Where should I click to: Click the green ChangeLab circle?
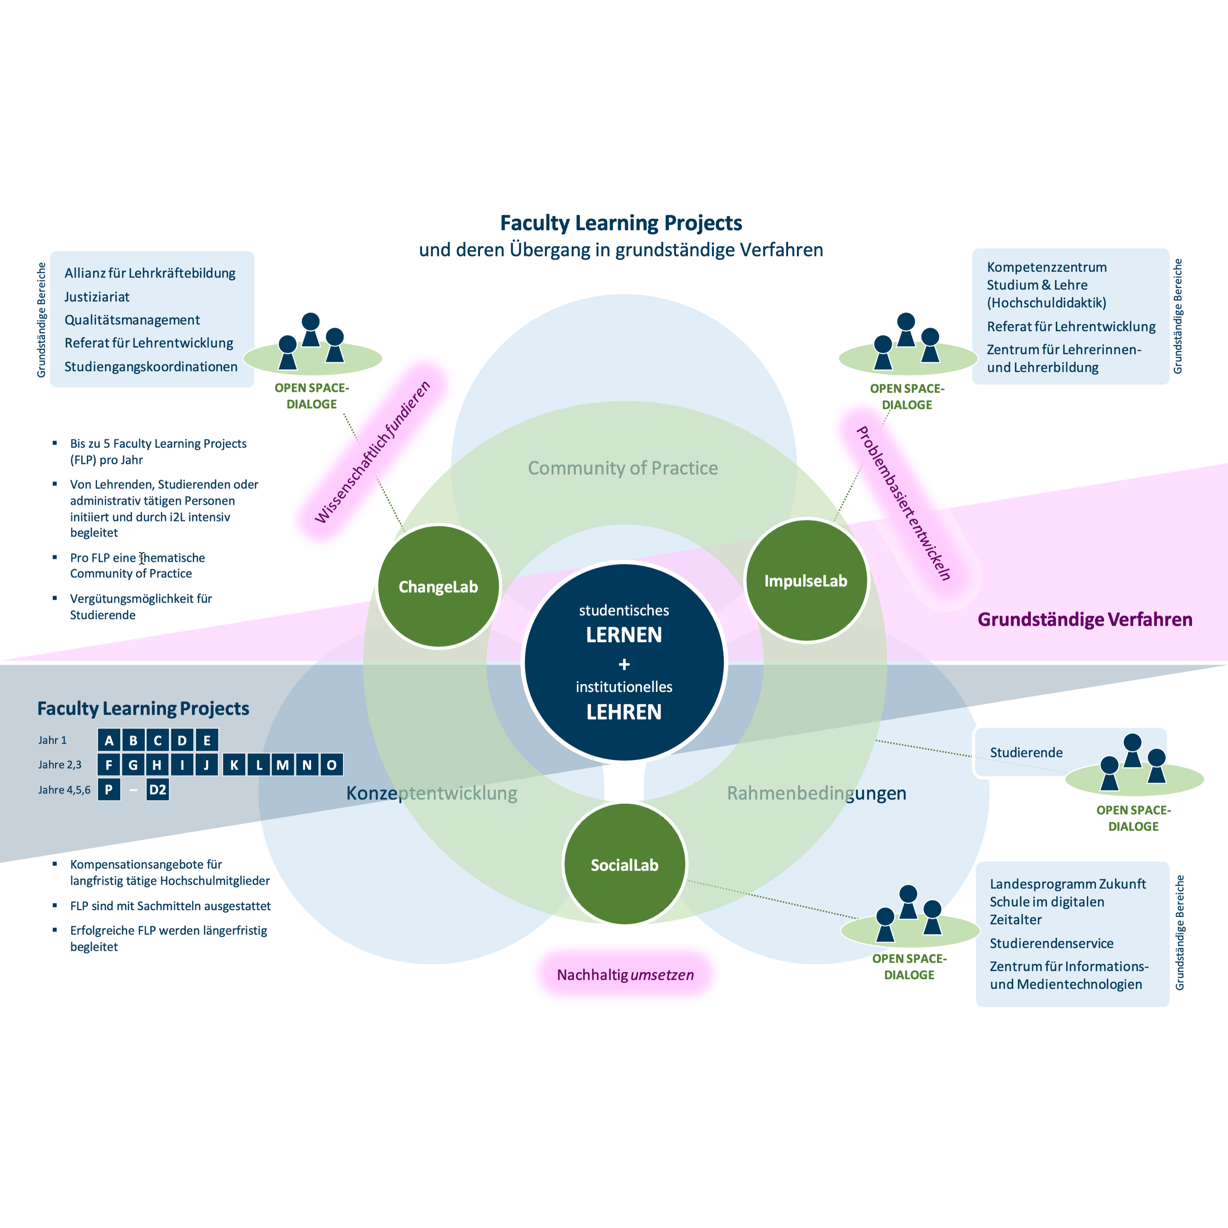click(438, 586)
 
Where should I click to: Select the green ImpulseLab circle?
click(806, 580)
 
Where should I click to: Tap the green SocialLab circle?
click(624, 864)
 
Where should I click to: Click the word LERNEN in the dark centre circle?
click(623, 635)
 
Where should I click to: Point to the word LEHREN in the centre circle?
click(623, 712)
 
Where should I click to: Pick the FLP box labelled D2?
click(157, 789)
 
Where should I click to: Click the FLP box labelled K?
click(234, 765)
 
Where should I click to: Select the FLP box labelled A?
click(109, 740)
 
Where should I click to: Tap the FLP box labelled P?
click(109, 789)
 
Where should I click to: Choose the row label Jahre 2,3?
click(60, 765)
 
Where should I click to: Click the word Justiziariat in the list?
click(97, 297)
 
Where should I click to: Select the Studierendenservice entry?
click(1051, 943)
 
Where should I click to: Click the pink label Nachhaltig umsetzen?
click(625, 975)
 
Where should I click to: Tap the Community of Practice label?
click(623, 468)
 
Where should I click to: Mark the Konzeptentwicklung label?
click(432, 792)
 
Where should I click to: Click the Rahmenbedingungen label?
click(816, 792)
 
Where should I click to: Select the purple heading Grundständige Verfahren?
click(1084, 619)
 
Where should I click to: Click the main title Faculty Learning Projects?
click(621, 223)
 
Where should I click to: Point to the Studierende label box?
click(1026, 753)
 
